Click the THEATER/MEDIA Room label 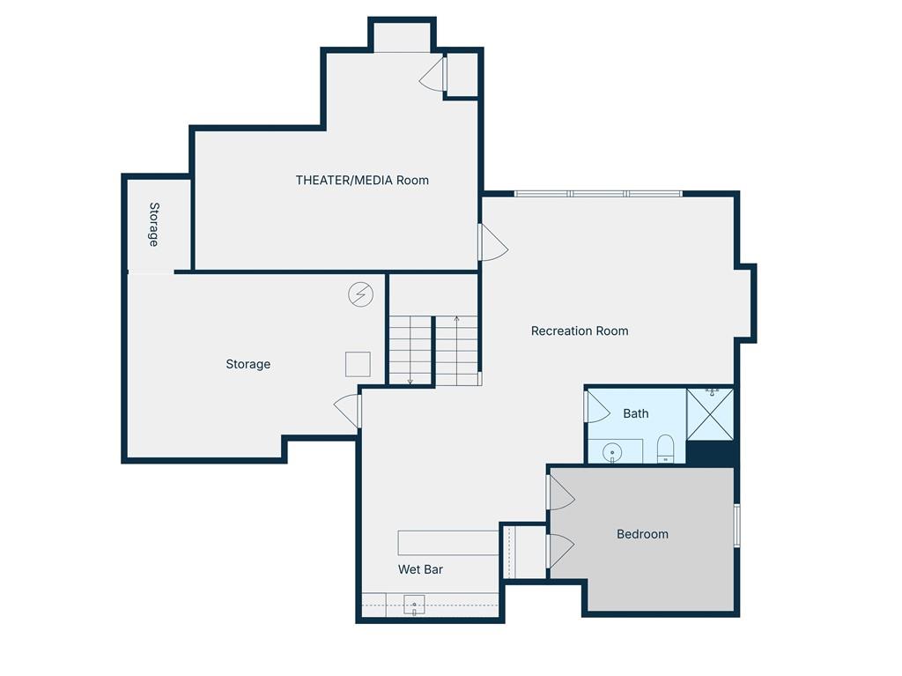click(x=362, y=180)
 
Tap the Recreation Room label click(x=580, y=331)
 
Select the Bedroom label click(x=642, y=534)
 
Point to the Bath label click(x=636, y=413)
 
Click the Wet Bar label click(x=420, y=569)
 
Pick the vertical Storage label click(x=154, y=225)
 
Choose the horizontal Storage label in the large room click(x=248, y=364)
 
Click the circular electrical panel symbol click(x=360, y=294)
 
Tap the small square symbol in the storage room click(x=358, y=365)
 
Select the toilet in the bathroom click(x=665, y=449)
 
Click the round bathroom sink click(x=612, y=453)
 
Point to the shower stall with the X click(x=710, y=414)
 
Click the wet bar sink click(x=414, y=605)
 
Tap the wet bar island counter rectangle click(x=448, y=543)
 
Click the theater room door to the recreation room click(x=493, y=242)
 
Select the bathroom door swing click(x=598, y=406)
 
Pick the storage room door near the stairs click(x=347, y=411)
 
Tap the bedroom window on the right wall click(x=737, y=525)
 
